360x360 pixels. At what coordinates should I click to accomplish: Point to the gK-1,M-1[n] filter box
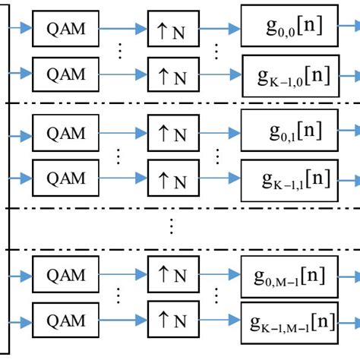[289, 321]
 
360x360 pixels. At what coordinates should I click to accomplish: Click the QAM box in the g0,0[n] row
[65, 30]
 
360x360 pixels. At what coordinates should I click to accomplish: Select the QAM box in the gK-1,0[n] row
[65, 74]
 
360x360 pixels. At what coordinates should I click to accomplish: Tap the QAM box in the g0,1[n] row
[65, 134]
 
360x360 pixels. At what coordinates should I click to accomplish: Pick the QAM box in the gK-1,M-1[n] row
[65, 320]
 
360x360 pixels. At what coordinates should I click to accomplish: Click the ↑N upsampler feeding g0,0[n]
[172, 30]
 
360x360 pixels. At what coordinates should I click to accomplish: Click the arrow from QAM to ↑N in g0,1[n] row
[122, 134]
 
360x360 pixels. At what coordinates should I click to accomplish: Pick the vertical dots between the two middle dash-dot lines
[172, 226]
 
